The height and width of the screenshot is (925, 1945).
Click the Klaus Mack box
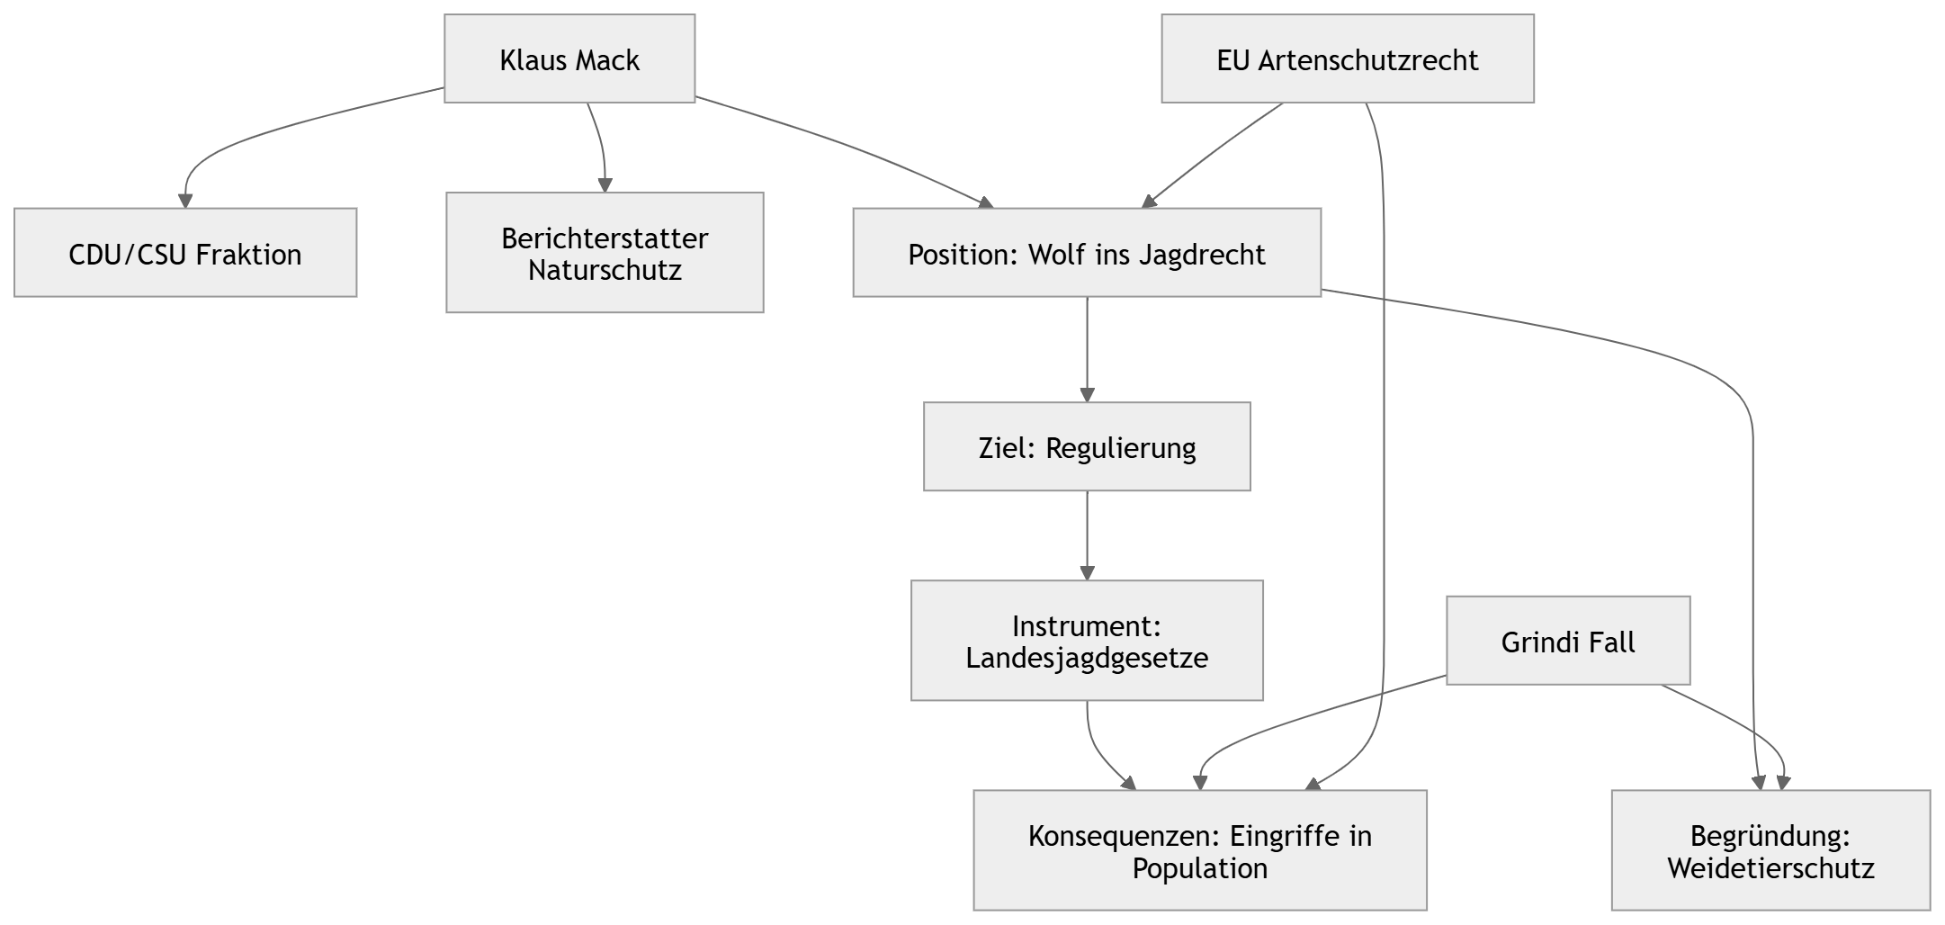(569, 58)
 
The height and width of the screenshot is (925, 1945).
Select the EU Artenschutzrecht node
(1347, 58)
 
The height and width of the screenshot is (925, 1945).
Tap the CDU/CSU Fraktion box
(185, 253)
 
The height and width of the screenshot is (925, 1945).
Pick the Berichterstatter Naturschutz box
(605, 253)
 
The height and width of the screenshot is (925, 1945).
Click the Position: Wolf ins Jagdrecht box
(1086, 253)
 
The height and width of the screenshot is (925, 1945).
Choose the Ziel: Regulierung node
(1087, 447)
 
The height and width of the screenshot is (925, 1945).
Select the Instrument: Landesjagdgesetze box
(1087, 641)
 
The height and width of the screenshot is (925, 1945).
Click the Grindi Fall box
(1567, 641)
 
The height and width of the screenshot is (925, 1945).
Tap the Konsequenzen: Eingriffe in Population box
(1199, 850)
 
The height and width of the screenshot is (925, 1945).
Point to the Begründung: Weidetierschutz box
(1770, 850)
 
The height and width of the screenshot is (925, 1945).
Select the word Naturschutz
(605, 270)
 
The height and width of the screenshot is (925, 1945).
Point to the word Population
(1199, 868)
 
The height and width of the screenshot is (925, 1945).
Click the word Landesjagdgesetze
(1087, 658)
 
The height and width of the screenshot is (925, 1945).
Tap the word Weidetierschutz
(1770, 868)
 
